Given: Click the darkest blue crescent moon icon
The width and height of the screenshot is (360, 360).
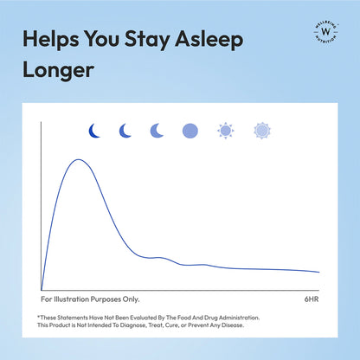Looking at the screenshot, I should pyautogui.click(x=95, y=131).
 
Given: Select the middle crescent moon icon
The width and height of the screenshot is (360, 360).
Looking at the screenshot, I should pyautogui.click(x=125, y=131).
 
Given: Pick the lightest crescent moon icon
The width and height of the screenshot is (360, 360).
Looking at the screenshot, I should pyautogui.click(x=157, y=131).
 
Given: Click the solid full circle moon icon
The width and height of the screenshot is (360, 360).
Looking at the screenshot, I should pyautogui.click(x=190, y=131).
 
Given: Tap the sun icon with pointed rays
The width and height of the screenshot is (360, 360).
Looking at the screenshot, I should pyautogui.click(x=226, y=131).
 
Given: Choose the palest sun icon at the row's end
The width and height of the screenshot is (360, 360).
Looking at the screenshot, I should pyautogui.click(x=261, y=131).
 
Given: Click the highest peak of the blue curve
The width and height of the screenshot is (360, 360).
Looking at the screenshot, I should pyautogui.click(x=80, y=159).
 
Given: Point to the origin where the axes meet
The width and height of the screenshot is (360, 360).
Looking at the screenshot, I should pyautogui.click(x=42, y=289).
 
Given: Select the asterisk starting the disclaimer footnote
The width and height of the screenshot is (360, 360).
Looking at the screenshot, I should pyautogui.click(x=39, y=317).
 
